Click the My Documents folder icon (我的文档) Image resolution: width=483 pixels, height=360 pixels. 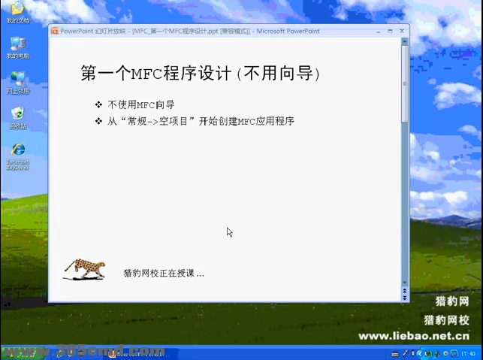pyautogui.click(x=15, y=9)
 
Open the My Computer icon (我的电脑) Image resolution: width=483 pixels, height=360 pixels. pyautogui.click(x=17, y=44)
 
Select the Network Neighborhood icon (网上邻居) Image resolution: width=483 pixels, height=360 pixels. pyautogui.click(x=17, y=79)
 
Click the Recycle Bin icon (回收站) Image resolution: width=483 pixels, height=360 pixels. pyautogui.click(x=17, y=113)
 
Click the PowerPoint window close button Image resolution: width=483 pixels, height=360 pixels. pyautogui.click(x=403, y=31)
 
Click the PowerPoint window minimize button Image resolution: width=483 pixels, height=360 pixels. pyautogui.click(x=380, y=31)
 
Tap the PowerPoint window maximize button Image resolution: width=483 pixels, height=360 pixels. pyautogui.click(x=391, y=31)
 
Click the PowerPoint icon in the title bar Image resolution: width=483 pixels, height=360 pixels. pyautogui.click(x=54, y=31)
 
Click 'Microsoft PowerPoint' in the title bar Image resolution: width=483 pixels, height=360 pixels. pyautogui.click(x=288, y=31)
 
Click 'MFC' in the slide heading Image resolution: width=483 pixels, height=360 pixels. pyautogui.click(x=147, y=73)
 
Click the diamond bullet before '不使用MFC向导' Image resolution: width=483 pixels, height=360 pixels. pyautogui.click(x=98, y=104)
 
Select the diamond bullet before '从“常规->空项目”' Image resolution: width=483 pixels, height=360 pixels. pyautogui.click(x=98, y=120)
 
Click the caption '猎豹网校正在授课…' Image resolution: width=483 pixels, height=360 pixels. pyautogui.click(x=163, y=273)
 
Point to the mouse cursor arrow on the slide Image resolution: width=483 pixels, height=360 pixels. pyautogui.click(x=229, y=231)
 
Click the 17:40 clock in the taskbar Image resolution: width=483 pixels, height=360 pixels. pyautogui.click(x=467, y=353)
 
